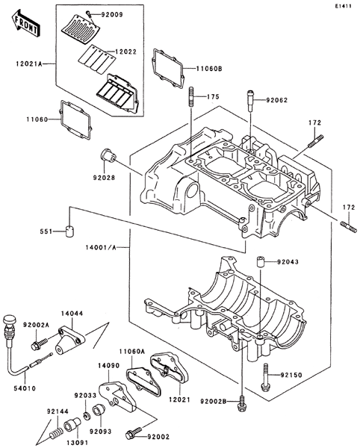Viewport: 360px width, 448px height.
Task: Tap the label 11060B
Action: pos(209,69)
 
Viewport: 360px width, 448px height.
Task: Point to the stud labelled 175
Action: pos(191,97)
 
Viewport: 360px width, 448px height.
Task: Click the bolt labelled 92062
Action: pos(250,101)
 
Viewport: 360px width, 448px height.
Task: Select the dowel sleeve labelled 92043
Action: pos(260,261)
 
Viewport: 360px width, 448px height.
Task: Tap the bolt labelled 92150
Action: pos(265,376)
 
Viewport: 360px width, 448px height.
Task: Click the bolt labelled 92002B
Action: pos(242,403)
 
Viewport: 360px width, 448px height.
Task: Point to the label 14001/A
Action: pos(101,247)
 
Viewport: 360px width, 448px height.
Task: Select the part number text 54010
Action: pos(25,388)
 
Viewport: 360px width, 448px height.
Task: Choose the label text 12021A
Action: pos(29,63)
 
